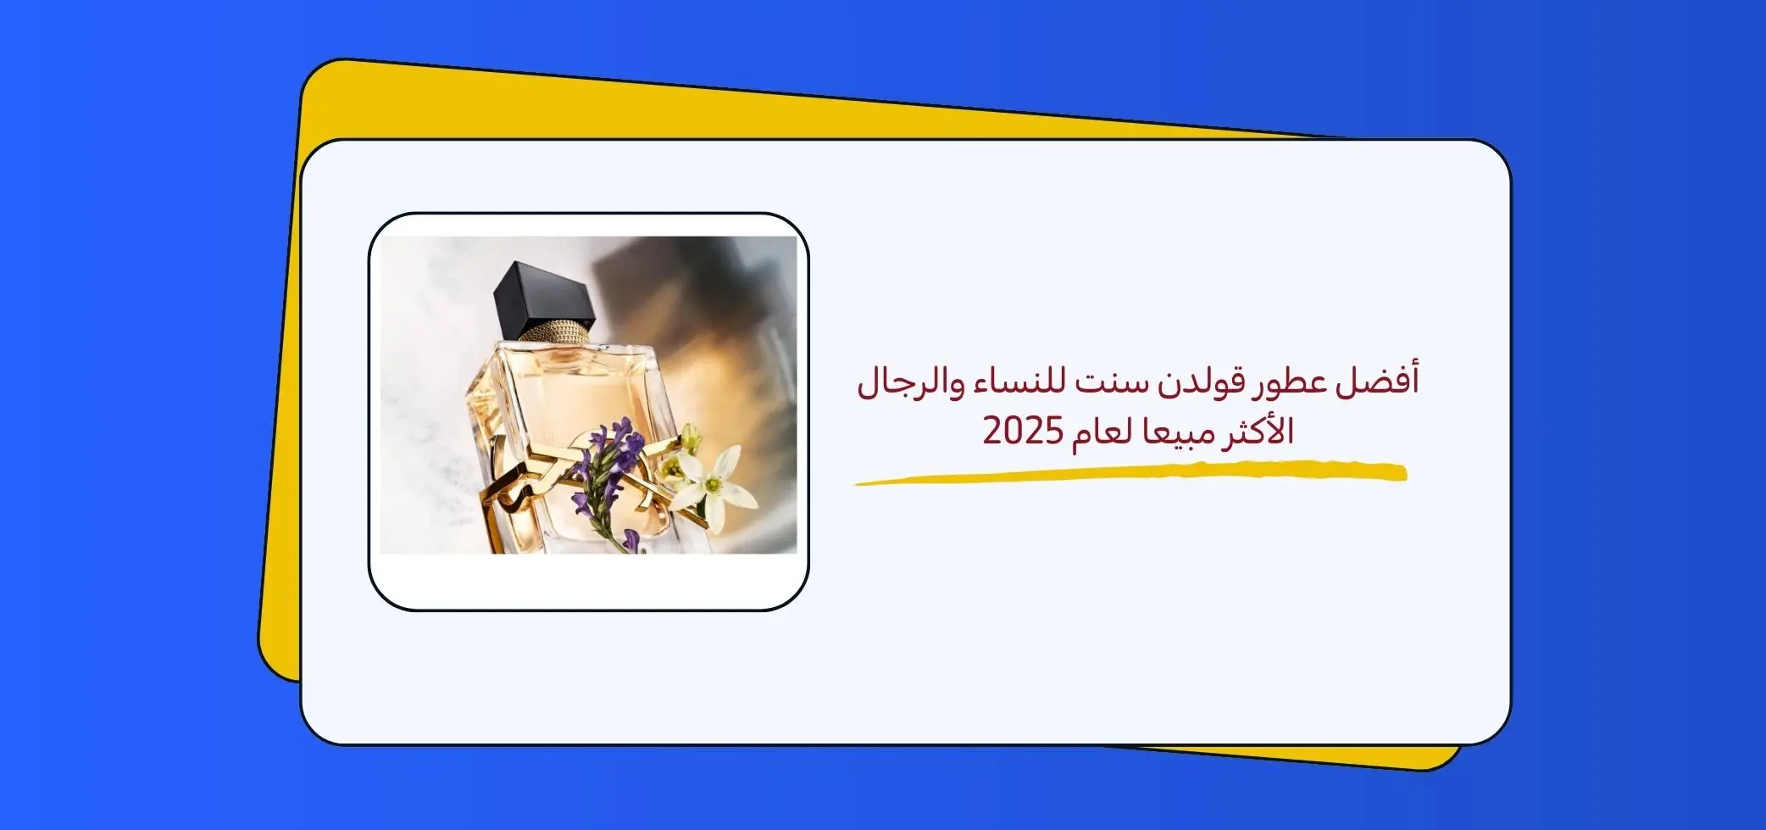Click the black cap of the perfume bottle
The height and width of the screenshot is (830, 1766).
546,295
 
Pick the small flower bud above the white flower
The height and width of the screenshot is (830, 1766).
691,438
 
